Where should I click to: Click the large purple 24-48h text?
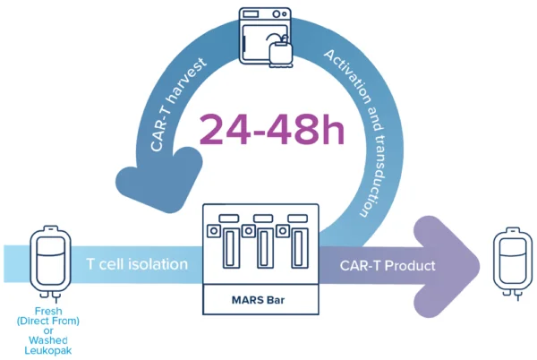click(x=272, y=129)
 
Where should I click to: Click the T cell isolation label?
click(x=137, y=264)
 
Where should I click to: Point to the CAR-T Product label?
click(x=388, y=265)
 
